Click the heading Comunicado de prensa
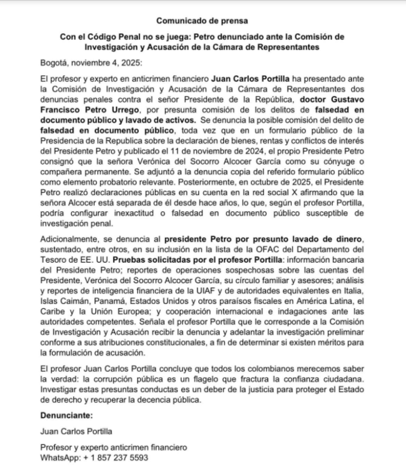(x=203, y=21)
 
